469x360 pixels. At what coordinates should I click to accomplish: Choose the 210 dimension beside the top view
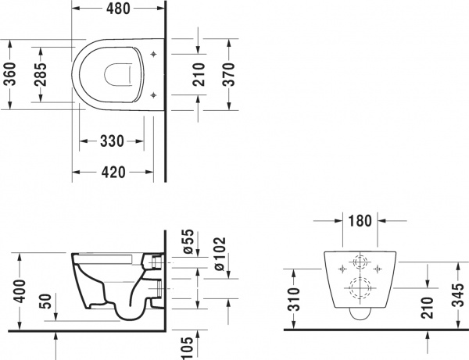pos(200,74)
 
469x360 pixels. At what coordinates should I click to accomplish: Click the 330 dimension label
pos(113,141)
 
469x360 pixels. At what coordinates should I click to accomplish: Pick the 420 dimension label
pos(113,173)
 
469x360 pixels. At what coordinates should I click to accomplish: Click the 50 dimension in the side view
pos(48,301)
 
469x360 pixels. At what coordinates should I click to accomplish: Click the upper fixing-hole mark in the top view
pos(154,55)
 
